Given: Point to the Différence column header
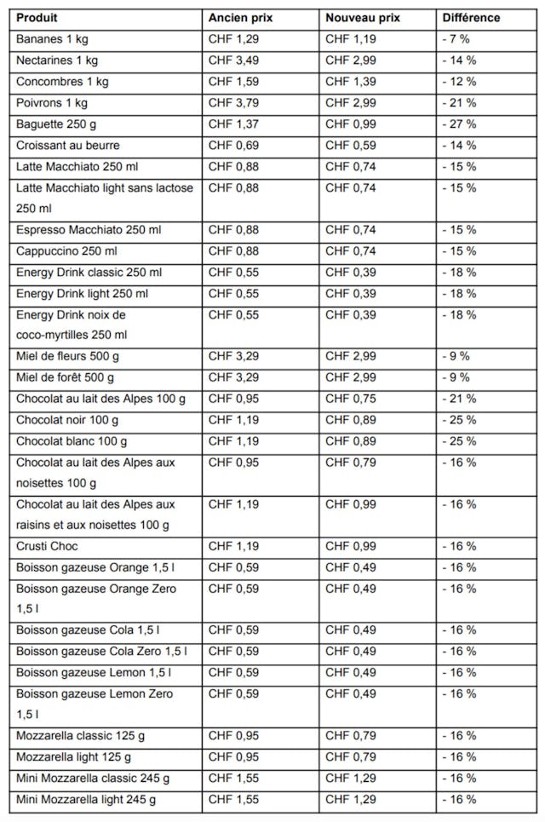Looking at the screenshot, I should tap(471, 18).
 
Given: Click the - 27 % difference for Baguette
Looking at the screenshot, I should tap(459, 124).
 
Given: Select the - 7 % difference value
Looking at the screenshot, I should tap(456, 39).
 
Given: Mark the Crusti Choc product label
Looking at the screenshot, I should tap(48, 546).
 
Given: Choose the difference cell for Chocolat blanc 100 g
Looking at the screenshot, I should tap(459, 441).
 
